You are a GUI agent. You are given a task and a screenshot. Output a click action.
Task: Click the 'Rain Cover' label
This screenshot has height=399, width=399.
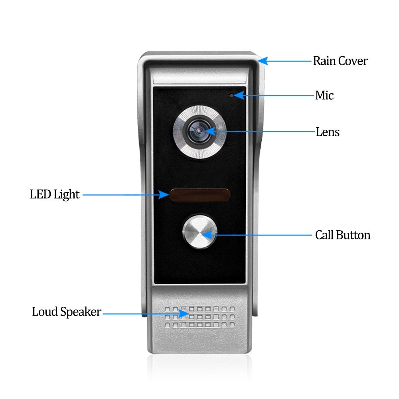coord(340,61)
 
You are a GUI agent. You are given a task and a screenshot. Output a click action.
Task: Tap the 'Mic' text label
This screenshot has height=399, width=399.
coord(324,95)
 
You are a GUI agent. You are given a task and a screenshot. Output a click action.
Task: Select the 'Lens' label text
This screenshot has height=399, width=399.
coord(328,132)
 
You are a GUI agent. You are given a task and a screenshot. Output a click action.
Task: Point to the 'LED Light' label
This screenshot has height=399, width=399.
coord(55,195)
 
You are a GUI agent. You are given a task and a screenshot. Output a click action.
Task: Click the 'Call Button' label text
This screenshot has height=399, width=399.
coord(343,235)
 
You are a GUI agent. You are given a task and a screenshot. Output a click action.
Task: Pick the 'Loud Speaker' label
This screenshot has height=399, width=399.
coord(67,312)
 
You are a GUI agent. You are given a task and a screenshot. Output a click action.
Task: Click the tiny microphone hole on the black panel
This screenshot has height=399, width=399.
coord(231,95)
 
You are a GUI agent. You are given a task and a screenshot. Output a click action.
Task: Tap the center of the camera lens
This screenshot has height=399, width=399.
coord(199,131)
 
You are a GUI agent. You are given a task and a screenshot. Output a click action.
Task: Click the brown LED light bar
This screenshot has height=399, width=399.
coord(200,195)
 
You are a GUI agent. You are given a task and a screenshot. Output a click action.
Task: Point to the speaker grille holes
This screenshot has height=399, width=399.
coord(200,317)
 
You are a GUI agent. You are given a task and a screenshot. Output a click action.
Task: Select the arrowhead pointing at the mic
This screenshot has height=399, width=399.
coord(239,95)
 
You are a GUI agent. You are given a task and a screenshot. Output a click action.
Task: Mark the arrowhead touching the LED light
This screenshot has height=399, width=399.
coord(164,195)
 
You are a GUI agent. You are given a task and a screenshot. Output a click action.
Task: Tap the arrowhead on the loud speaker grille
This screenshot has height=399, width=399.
coord(184,314)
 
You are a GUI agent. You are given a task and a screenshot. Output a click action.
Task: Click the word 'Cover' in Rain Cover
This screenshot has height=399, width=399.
coord(353,61)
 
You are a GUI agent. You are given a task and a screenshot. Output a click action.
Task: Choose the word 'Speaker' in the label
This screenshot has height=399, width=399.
coord(81,312)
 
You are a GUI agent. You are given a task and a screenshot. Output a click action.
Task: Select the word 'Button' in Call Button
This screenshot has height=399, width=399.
coord(353,235)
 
